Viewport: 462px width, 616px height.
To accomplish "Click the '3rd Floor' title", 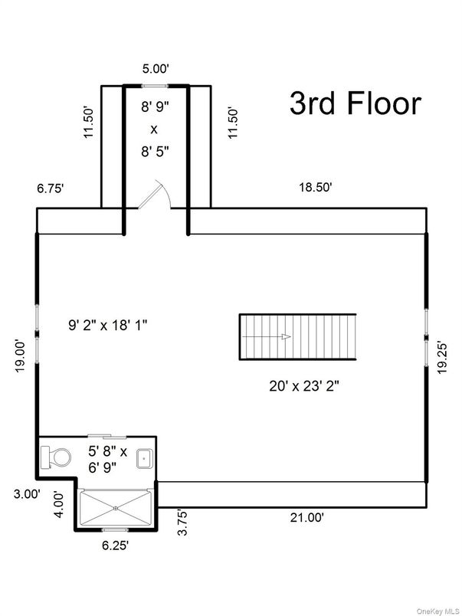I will [x=355, y=103].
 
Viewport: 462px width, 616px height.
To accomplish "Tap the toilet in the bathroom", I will [x=55, y=457].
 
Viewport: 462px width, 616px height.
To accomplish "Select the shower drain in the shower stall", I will [x=115, y=506].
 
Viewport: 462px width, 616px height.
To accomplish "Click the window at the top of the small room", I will [x=157, y=86].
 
